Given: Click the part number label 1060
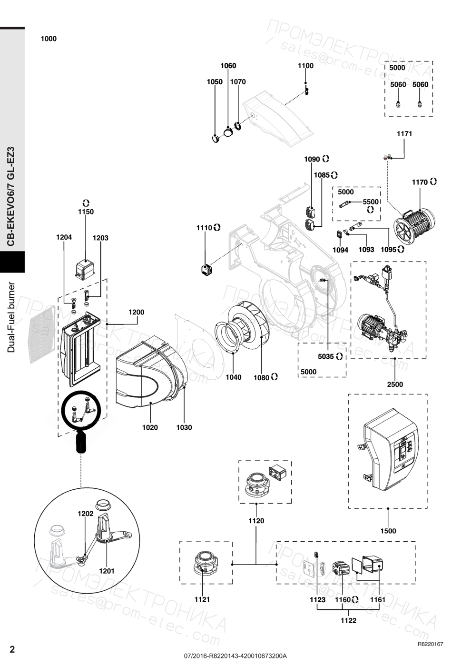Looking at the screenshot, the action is (228, 66).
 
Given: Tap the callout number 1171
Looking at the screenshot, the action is (404, 134).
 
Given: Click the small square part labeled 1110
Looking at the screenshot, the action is (206, 270).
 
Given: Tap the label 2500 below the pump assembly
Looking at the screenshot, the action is (395, 384).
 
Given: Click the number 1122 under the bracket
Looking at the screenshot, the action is (348, 620).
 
